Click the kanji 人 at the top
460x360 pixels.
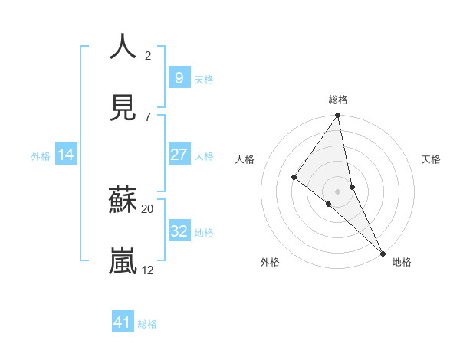pyautogui.click(x=123, y=47)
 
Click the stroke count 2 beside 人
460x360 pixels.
pyautogui.click(x=148, y=56)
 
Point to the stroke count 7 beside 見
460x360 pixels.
pyautogui.click(x=148, y=116)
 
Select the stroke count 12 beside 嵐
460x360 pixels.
pyautogui.click(x=148, y=270)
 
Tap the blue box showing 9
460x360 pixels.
pyautogui.click(x=179, y=78)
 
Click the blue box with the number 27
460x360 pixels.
pyautogui.click(x=179, y=155)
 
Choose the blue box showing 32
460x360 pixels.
pyautogui.click(x=179, y=231)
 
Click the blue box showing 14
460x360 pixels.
pyautogui.click(x=66, y=155)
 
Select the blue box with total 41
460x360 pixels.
pyautogui.click(x=123, y=323)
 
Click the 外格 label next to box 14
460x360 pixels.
pyautogui.click(x=41, y=156)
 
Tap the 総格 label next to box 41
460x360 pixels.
pyautogui.click(x=147, y=324)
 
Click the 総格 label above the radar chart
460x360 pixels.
pyautogui.click(x=338, y=100)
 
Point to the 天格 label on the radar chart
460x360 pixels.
pyautogui.click(x=431, y=159)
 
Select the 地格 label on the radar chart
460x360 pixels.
pyautogui.click(x=402, y=262)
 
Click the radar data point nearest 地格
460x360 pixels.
pyautogui.click(x=383, y=252)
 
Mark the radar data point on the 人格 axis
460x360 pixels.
pyautogui.click(x=294, y=177)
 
